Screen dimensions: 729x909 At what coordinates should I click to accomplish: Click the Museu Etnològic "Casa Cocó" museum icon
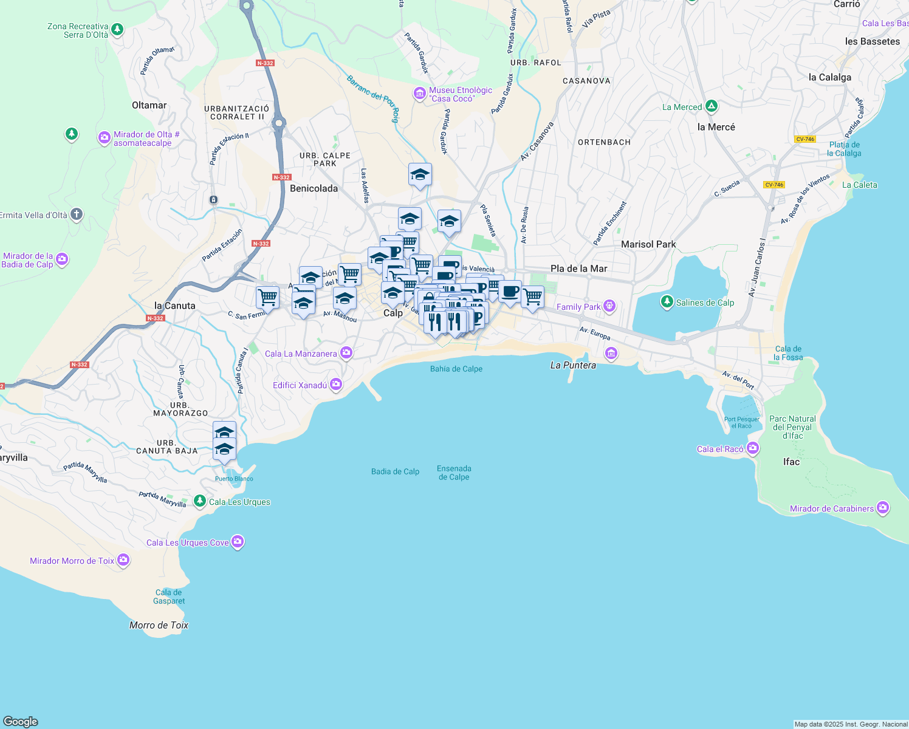pos(419,94)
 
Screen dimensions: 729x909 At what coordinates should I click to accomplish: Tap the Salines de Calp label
pos(705,303)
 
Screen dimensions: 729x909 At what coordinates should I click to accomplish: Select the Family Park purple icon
pos(610,306)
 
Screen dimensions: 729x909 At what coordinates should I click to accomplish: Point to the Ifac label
pos(791,462)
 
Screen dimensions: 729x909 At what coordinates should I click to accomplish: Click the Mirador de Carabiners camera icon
pos(883,508)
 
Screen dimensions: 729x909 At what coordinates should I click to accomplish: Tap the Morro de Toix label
pos(159,625)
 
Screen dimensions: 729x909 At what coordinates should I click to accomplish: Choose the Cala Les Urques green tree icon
pos(199,501)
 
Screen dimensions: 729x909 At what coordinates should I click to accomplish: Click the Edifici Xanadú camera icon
pos(336,385)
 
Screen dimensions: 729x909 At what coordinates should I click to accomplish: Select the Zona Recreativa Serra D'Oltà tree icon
pos(117,29)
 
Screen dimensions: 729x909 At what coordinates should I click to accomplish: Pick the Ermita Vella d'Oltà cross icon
pos(76,214)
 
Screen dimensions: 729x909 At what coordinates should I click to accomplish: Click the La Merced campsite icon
pos(711,106)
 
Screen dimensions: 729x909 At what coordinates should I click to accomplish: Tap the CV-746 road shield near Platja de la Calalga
pos(805,139)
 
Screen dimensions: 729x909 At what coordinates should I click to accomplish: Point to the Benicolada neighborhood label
pos(314,188)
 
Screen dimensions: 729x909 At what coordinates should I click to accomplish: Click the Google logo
pos(21,721)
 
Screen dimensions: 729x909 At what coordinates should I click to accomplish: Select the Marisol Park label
pos(648,244)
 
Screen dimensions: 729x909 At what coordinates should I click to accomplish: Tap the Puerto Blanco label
pos(234,479)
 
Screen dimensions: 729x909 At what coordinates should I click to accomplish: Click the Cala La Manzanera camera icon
pos(346,352)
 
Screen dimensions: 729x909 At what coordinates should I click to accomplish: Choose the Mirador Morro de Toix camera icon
pos(123,560)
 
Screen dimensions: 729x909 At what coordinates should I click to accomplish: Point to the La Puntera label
pos(573,365)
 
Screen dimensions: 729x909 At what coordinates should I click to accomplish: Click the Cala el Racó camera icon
pos(753,448)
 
